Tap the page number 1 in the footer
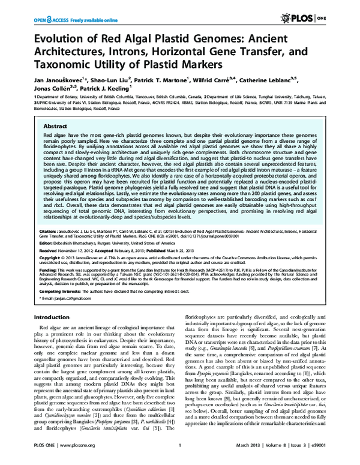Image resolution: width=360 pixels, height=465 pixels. (x=180, y=454)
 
